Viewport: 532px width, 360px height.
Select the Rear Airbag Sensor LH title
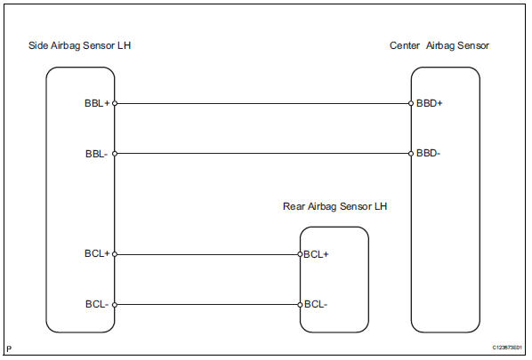tap(335, 207)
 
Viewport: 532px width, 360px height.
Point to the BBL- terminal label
tap(97, 153)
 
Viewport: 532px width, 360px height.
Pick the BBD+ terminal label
tap(430, 103)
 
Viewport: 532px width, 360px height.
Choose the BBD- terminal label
tap(429, 153)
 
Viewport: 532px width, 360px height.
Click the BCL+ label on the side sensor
tap(96, 254)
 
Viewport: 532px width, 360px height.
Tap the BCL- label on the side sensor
tap(96, 304)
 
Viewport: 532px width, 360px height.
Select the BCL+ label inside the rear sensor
tap(317, 254)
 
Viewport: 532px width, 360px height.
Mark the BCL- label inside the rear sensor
tap(316, 304)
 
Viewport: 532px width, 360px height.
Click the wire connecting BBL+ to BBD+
tap(262, 103)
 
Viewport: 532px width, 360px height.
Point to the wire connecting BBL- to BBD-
tap(262, 153)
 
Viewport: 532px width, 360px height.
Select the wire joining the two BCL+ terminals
tap(207, 254)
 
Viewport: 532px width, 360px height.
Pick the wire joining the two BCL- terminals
tap(207, 304)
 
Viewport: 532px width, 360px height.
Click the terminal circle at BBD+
tap(411, 103)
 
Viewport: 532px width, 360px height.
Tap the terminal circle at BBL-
tap(115, 153)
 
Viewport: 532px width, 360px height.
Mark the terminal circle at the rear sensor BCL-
tap(300, 304)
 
